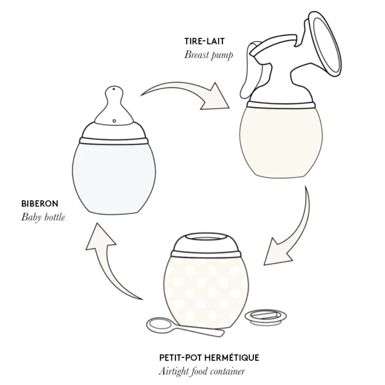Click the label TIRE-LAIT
pyautogui.click(x=204, y=41)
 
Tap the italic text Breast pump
pyautogui.click(x=208, y=55)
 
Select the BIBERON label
pyautogui.click(x=40, y=204)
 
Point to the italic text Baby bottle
pyautogui.click(x=43, y=217)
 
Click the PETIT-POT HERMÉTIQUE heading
pyautogui.click(x=209, y=358)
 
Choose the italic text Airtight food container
pyautogui.click(x=202, y=371)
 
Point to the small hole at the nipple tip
pyautogui.click(x=114, y=89)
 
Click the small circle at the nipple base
pyautogui.click(x=114, y=121)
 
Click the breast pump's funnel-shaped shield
pyautogui.click(x=323, y=44)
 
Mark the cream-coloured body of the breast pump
pyautogui.click(x=281, y=141)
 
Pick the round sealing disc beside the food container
pyautogui.click(x=266, y=317)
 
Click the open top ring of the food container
pyautogui.click(x=206, y=238)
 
